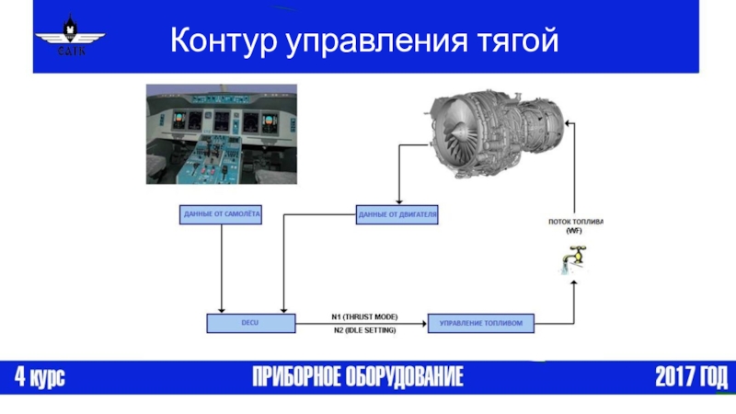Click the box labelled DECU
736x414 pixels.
(x=250, y=323)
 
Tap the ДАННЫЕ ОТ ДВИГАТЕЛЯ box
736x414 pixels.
(x=397, y=215)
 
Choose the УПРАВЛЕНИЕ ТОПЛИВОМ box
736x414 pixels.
(x=481, y=323)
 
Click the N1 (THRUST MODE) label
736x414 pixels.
(x=364, y=316)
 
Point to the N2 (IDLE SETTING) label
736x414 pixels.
(x=364, y=330)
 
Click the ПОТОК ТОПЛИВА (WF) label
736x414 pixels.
(x=574, y=226)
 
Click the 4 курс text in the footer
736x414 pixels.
(x=40, y=377)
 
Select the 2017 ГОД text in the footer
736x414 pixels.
(x=690, y=377)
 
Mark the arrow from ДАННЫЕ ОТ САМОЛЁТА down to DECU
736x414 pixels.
(x=222, y=267)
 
